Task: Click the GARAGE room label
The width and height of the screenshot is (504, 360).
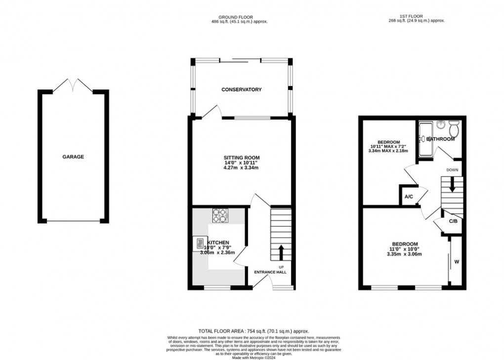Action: (x=73, y=157)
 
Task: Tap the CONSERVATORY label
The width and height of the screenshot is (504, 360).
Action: (x=241, y=90)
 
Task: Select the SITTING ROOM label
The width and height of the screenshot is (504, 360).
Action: (x=241, y=157)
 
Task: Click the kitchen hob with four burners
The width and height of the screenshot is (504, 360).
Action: (x=220, y=216)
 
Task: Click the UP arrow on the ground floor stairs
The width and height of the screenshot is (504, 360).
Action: (x=281, y=252)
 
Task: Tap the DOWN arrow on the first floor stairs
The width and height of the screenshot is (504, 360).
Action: (x=452, y=186)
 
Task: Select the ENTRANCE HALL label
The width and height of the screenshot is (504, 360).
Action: (x=270, y=272)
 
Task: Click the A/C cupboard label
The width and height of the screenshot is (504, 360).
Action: (x=409, y=196)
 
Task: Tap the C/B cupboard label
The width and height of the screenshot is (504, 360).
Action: (x=453, y=221)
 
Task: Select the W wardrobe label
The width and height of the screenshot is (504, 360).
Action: (x=456, y=262)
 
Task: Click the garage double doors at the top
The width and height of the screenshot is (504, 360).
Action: (x=73, y=86)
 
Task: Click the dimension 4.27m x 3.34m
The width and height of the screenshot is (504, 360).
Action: (x=241, y=168)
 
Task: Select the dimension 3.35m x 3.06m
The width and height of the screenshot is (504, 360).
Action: (x=405, y=254)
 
